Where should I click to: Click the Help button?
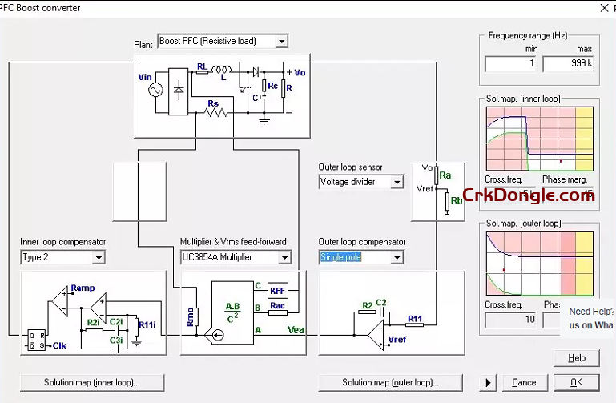click(x=577, y=358)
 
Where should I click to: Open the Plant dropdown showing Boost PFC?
click(x=223, y=41)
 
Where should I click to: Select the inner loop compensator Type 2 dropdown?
click(x=62, y=257)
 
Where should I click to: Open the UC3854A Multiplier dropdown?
click(x=236, y=257)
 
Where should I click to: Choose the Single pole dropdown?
click(x=360, y=257)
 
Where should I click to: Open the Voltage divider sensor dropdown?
click(x=360, y=182)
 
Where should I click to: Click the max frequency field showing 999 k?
click(x=568, y=63)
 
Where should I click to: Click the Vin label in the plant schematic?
click(x=145, y=77)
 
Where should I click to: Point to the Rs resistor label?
click(x=213, y=103)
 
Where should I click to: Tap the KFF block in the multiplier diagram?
click(x=277, y=290)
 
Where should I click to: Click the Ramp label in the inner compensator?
click(x=83, y=288)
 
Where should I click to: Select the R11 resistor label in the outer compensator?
click(x=414, y=320)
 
